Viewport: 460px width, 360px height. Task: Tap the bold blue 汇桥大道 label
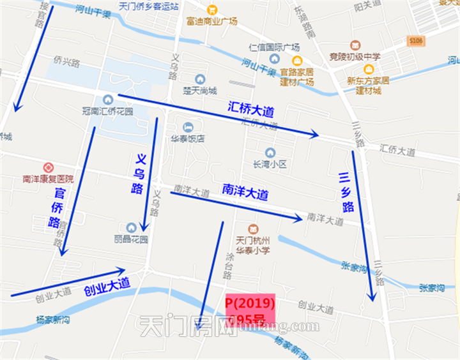[x=252, y=108]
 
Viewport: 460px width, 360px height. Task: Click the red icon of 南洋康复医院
[x=48, y=167]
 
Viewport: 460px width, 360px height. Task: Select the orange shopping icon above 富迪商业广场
[x=212, y=10]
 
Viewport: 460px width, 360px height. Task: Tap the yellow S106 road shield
[x=416, y=41]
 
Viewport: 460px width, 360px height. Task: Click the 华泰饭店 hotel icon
[x=188, y=126]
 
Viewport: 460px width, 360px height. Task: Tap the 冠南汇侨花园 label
[x=107, y=111]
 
